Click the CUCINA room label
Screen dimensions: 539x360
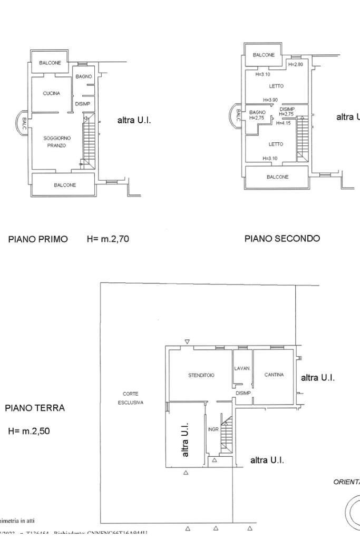coord(52,93)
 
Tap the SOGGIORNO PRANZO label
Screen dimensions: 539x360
coord(57,142)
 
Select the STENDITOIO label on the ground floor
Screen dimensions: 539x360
coord(201,376)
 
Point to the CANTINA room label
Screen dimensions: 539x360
coord(274,375)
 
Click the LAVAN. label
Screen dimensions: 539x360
coord(242,368)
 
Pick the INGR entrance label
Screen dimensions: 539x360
coord(213,429)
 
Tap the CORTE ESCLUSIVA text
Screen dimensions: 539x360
coord(131,398)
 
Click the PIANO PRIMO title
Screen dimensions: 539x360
coord(38,239)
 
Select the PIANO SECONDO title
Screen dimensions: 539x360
coord(282,239)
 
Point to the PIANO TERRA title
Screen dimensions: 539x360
coord(35,408)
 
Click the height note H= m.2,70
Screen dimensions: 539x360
coord(108,239)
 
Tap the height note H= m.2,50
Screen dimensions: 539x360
coord(29,431)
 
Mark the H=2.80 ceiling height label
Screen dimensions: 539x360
coord(296,64)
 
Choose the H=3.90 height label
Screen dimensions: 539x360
coord(270,100)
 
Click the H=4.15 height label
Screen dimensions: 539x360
coord(284,123)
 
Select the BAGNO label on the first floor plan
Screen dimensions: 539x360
coord(83,77)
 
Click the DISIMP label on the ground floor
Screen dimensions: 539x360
coord(243,393)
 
